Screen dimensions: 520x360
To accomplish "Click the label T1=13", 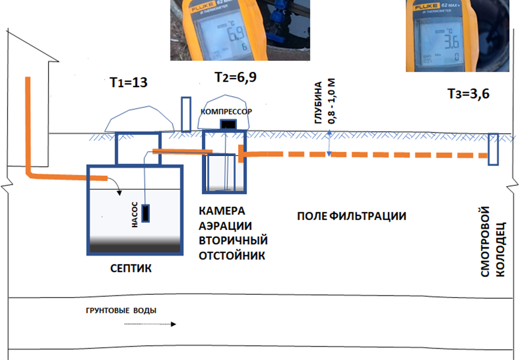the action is tap(128, 83).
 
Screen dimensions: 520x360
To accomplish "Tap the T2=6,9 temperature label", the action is tap(235, 77).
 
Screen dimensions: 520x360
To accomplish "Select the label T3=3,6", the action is tap(468, 94).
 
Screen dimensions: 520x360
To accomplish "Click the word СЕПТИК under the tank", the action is tap(128, 268).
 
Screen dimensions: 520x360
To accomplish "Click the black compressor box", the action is tap(228, 124).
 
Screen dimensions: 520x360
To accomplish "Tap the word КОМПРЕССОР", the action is tap(225, 111).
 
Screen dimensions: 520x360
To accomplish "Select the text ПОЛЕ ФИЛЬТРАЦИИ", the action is tap(352, 216).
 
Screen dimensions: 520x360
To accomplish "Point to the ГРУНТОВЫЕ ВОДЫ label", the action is tap(121, 310).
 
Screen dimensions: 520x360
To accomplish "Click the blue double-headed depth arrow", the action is tap(330, 144).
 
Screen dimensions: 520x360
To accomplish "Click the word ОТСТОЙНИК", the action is tap(232, 256).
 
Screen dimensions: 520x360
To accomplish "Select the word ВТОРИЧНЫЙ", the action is tap(233, 240).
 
